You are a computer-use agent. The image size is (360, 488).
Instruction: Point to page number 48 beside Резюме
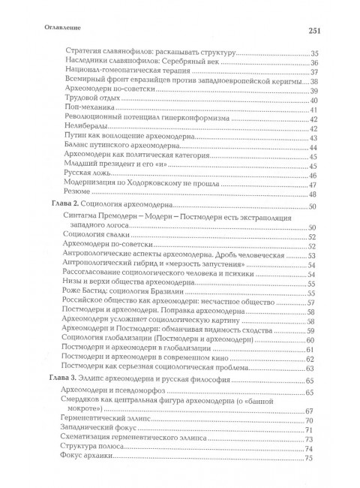[x=312, y=194]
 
